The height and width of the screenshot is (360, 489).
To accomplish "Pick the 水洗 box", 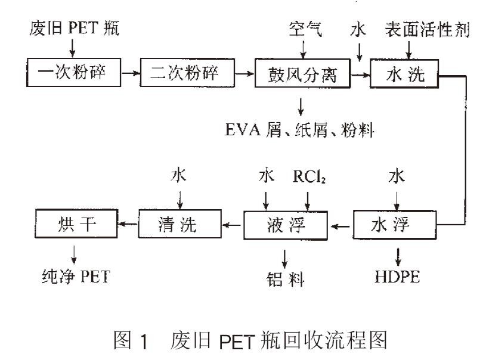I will coord(405,74).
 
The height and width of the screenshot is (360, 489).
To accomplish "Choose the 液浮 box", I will coord(286,225).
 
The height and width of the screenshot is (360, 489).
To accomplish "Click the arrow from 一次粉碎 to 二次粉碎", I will coord(130,73).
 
